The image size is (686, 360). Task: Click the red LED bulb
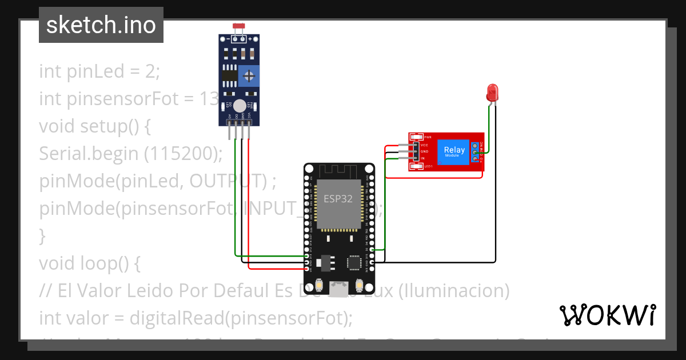(492, 92)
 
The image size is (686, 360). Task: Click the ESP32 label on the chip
(338, 199)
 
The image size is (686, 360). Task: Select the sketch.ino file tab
(101, 25)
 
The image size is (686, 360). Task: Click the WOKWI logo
(607, 315)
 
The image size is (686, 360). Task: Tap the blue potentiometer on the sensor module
(249, 75)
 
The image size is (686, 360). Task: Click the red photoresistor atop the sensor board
(240, 27)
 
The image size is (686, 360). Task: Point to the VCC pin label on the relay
(424, 145)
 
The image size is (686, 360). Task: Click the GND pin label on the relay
(424, 151)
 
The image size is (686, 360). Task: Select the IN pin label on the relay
(423, 158)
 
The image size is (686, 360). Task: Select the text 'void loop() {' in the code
(90, 263)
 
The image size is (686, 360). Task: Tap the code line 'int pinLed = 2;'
(100, 71)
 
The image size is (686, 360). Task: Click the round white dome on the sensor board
(240, 106)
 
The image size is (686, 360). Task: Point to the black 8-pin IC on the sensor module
(229, 75)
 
